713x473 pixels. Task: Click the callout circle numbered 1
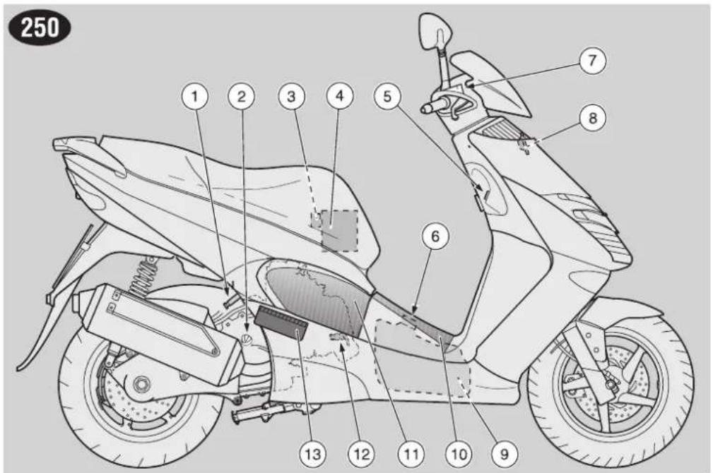coord(195,96)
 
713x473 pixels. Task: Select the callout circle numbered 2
coord(242,96)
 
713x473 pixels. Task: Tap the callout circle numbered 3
coord(291,96)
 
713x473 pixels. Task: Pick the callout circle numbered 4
coord(340,96)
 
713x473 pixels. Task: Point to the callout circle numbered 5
coord(387,96)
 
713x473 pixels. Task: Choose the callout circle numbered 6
coord(435,236)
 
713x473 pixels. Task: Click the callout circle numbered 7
coord(592,61)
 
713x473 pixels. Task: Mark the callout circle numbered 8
coord(593,118)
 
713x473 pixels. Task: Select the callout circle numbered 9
coord(505,453)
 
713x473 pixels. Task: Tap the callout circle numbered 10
coord(459,453)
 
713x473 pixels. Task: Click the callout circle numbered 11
coord(411,453)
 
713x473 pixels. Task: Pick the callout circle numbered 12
coord(362,453)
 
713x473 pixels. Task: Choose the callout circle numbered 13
coord(313,453)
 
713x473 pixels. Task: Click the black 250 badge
coord(40,28)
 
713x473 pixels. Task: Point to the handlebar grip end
coord(425,108)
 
